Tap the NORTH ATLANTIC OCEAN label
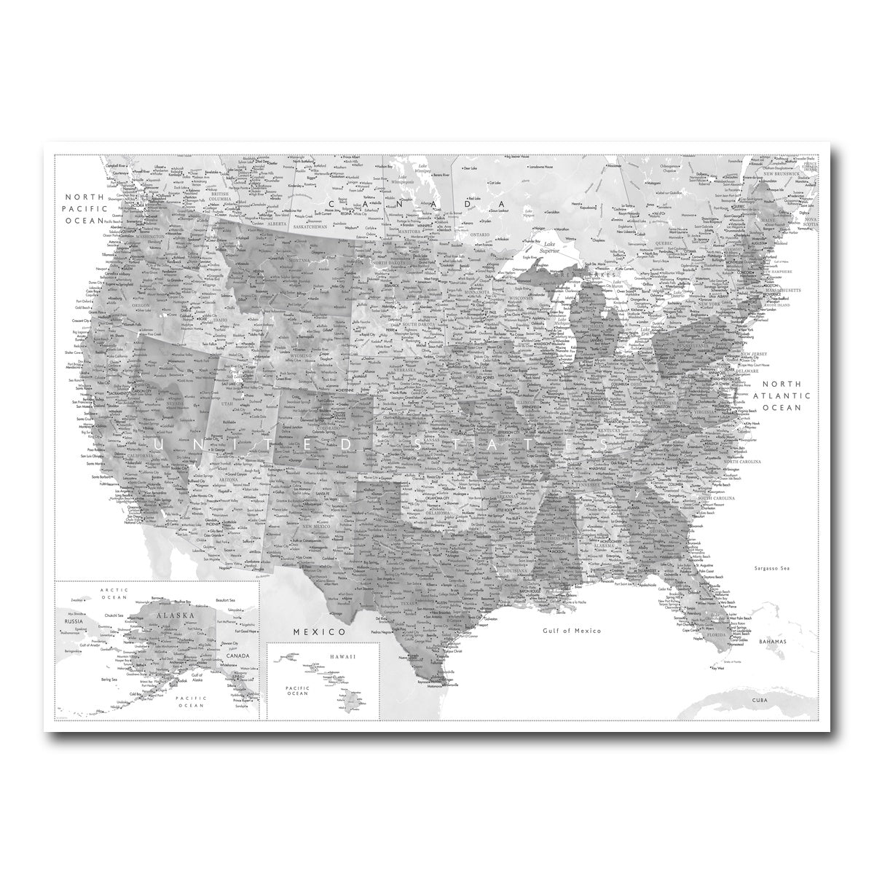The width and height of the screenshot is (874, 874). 782,395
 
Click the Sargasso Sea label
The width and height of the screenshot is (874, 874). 773,567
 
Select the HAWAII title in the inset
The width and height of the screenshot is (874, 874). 340,656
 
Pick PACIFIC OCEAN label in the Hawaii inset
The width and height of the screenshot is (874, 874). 297,690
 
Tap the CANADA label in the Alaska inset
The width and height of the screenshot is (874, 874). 243,655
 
